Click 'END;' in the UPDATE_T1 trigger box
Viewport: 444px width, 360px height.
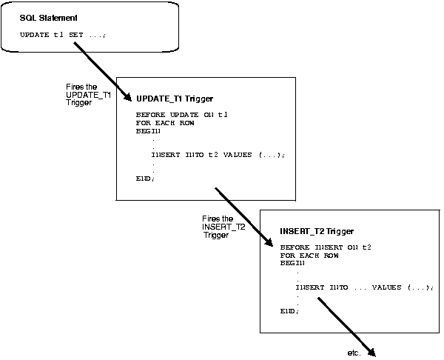pyautogui.click(x=146, y=179)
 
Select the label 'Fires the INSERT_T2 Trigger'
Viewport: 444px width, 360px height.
pyautogui.click(x=223, y=227)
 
